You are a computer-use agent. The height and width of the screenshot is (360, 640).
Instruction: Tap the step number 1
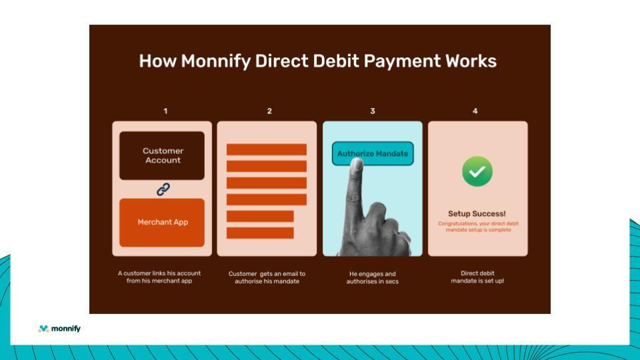(x=165, y=111)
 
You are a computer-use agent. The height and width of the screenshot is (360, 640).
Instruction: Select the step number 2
(x=269, y=111)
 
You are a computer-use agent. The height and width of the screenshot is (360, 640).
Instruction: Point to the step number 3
(x=373, y=111)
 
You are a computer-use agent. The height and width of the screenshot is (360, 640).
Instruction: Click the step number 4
(x=475, y=111)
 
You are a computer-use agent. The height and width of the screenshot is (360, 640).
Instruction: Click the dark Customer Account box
(x=162, y=155)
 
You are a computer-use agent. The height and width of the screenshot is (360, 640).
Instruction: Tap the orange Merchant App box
(x=162, y=223)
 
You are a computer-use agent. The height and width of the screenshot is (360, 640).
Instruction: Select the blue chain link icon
(x=163, y=189)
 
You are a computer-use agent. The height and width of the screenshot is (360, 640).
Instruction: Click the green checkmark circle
(x=477, y=171)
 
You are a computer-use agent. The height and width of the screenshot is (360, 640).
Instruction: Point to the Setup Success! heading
(x=477, y=214)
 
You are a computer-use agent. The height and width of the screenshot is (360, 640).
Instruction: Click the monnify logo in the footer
(x=59, y=329)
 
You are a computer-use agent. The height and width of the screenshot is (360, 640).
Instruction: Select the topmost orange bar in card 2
(x=266, y=149)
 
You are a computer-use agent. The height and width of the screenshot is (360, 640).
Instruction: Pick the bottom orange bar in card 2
(x=260, y=233)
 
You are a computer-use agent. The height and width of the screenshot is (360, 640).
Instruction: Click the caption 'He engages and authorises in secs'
(x=372, y=277)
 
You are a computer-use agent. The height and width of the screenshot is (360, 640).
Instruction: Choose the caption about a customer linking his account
(x=159, y=277)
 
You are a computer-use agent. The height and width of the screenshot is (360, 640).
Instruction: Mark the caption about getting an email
(x=267, y=277)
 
